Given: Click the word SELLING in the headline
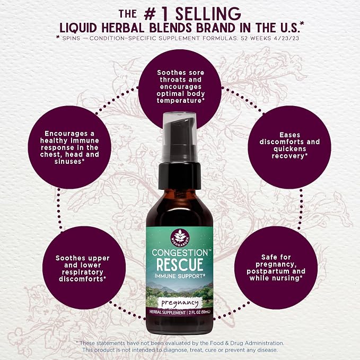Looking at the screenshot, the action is pyautogui.click(x=208, y=14).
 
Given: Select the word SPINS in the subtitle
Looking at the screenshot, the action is pyautogui.click(x=71, y=38).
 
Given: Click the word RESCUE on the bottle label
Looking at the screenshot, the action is pyautogui.click(x=180, y=264).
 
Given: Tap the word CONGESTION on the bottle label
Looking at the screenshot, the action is pyautogui.click(x=180, y=253).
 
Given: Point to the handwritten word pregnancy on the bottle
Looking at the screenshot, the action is pyautogui.click(x=180, y=303).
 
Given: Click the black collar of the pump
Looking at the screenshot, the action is pyautogui.click(x=180, y=173).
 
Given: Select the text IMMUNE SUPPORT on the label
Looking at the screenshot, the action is pyautogui.click(x=180, y=276).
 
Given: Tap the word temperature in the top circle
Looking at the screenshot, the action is pyautogui.click(x=180, y=101).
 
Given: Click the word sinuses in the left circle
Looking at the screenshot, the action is pyautogui.click(x=69, y=161).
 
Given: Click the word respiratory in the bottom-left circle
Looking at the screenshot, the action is pyautogui.click(x=82, y=273).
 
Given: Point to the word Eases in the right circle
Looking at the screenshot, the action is pyautogui.click(x=289, y=135).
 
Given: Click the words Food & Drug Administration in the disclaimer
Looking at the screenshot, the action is pyautogui.click(x=247, y=343).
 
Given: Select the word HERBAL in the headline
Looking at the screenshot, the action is pyautogui.click(x=123, y=28).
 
